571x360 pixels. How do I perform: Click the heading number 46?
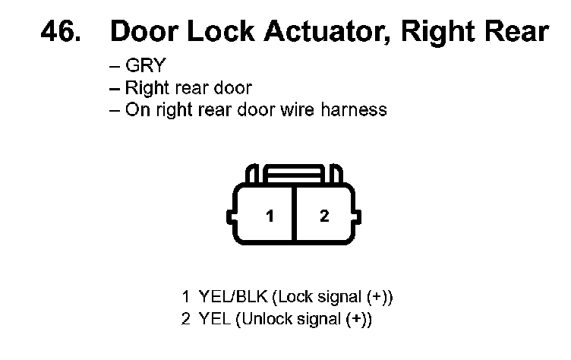click(x=62, y=32)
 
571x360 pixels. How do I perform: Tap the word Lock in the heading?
click(x=218, y=32)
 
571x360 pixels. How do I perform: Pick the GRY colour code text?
click(x=145, y=66)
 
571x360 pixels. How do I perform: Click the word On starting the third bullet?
click(x=135, y=109)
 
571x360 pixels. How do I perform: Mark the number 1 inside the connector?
click(x=269, y=216)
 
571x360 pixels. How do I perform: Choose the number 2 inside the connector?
click(x=324, y=216)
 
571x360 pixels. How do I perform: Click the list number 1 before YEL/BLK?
click(x=185, y=296)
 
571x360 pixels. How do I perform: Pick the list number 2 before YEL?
click(x=185, y=320)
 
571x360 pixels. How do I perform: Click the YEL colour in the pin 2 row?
click(x=214, y=320)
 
